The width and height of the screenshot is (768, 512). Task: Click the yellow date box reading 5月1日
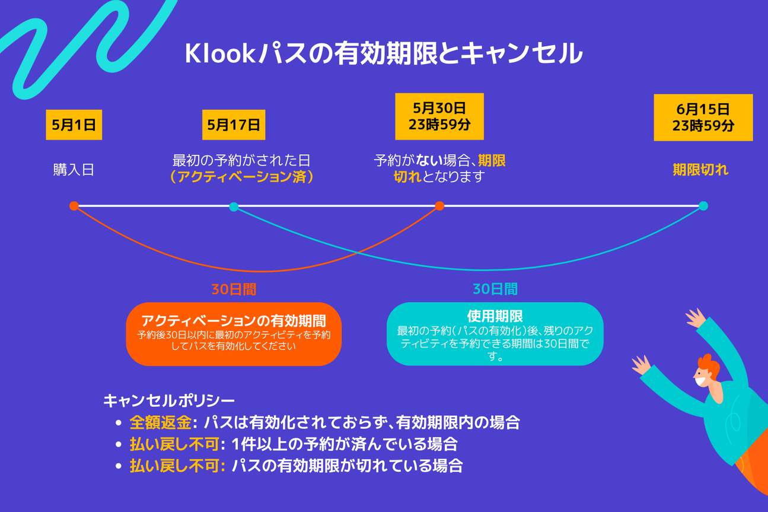coord(74,125)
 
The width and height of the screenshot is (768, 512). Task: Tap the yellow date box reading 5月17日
coord(234,125)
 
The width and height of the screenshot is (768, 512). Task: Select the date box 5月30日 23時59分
coord(439,116)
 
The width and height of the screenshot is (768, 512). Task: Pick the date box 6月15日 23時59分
coord(703,117)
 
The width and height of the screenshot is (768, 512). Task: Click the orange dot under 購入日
coord(74,206)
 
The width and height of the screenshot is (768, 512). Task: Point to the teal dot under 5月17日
coord(234,206)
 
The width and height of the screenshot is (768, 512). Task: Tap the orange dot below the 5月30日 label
coord(439,206)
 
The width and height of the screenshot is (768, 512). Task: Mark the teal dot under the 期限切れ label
coord(703,206)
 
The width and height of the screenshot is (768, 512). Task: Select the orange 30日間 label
coord(234,290)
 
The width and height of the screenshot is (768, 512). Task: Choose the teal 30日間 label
coord(495,289)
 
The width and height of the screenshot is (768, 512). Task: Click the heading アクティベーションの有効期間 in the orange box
coord(234,321)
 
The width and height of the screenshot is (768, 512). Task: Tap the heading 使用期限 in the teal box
coord(495,316)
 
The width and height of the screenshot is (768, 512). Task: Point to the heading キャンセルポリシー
coord(169,400)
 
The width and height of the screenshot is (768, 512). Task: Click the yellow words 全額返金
coord(160,423)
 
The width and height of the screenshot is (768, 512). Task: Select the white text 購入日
coord(74,170)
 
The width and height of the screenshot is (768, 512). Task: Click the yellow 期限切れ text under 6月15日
coord(700,170)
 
